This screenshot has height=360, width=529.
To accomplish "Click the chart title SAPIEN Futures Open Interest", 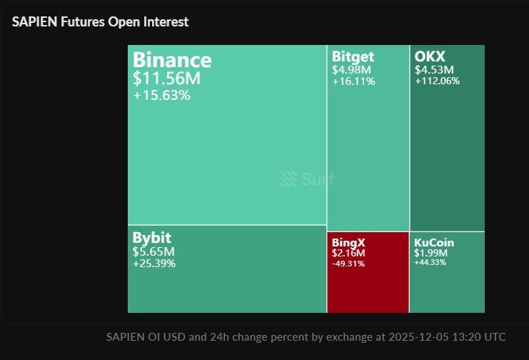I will (x=101, y=22).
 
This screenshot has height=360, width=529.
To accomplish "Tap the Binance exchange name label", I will (x=172, y=60).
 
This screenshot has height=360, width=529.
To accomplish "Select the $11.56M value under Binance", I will (x=166, y=79).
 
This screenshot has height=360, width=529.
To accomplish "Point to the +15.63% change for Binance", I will (x=161, y=95).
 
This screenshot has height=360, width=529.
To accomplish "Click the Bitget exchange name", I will (x=353, y=56).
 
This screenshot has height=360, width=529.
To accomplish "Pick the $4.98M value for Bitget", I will (x=351, y=70).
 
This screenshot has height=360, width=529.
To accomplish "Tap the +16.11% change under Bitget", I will (x=353, y=81).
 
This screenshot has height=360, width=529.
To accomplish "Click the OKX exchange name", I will (x=430, y=56).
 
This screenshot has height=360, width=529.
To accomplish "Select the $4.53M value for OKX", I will (x=434, y=70).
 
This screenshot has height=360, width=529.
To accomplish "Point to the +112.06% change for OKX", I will (x=437, y=81).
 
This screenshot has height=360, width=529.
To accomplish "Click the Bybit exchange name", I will (x=151, y=238).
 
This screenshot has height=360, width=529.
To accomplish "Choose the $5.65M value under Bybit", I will (x=153, y=251).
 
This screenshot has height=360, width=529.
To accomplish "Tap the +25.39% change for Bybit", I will (x=153, y=263).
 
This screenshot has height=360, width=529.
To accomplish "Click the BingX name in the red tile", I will (x=348, y=243).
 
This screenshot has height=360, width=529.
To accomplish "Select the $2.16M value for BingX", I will (x=348, y=254).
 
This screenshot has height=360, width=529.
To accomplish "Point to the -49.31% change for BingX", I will (x=348, y=263).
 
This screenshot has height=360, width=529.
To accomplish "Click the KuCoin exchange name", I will (x=433, y=243).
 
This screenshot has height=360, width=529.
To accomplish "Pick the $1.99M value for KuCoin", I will (x=430, y=253).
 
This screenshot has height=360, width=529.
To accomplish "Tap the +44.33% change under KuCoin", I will (x=430, y=262).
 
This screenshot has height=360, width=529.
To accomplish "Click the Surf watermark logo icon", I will (x=288, y=179).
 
